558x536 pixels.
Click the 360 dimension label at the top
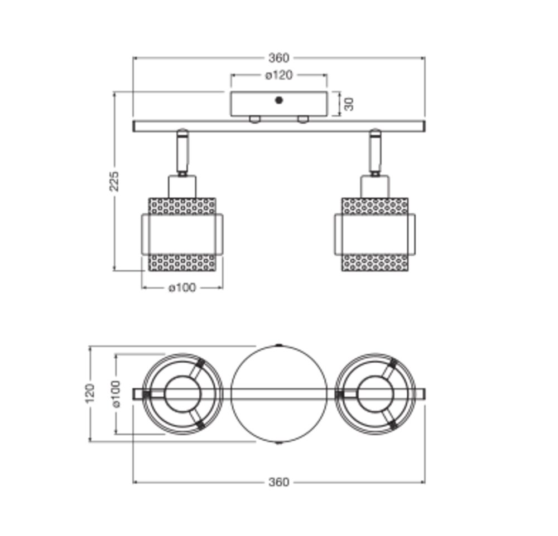278,57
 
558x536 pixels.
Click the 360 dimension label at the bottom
278,482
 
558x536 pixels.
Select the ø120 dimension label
279,75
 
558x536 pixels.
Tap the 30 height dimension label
349,104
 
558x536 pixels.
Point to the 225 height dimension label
114,181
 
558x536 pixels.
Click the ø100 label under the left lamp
182,287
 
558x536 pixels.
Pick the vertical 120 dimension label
90,393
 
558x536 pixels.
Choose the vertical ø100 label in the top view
116,394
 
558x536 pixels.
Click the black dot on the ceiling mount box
279,100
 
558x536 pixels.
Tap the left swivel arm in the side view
182,152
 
